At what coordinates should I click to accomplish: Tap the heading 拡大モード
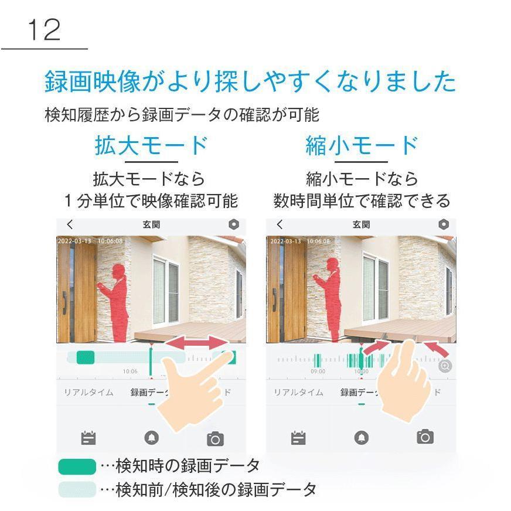coord(151,145)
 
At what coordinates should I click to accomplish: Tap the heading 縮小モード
coord(362,145)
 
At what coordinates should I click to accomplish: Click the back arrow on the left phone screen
coord(70,224)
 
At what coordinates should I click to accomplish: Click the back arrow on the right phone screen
coord(280,224)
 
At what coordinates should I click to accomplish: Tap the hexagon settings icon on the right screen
coord(443,224)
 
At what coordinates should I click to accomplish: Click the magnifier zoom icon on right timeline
coord(445,366)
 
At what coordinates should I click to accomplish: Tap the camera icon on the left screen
coord(215,438)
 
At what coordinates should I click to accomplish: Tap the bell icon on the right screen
coord(361,437)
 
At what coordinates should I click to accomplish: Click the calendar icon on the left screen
coord(88,438)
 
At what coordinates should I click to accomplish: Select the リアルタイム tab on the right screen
coord(298,393)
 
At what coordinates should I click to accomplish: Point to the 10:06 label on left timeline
coord(130,372)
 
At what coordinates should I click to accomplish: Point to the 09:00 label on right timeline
coord(318,372)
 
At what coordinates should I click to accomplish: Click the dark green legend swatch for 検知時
coord(77,466)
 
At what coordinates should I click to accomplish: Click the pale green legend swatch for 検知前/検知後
coord(77,489)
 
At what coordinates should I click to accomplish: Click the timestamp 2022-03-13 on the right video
coord(285,241)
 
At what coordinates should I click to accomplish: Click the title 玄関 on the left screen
coord(151,224)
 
